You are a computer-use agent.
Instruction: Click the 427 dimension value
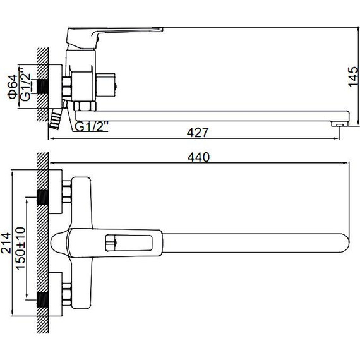coord(198,133)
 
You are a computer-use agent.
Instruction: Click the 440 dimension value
coord(198,157)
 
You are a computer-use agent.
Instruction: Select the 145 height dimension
coord(354,77)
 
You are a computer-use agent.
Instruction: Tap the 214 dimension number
coord(6,243)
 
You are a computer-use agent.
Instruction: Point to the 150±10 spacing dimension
coord(20,248)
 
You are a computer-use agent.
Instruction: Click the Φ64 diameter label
coord(13,87)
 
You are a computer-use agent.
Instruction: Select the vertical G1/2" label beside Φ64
coord(25,84)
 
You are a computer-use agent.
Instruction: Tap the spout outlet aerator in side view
coord(339,124)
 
